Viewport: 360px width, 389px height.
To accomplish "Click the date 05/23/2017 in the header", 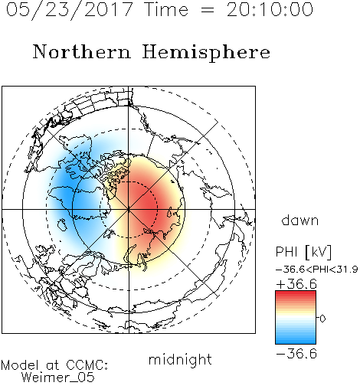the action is click(x=70, y=10).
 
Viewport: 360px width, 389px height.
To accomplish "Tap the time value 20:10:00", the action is click(x=270, y=10).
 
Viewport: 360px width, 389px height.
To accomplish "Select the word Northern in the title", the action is click(x=82, y=52).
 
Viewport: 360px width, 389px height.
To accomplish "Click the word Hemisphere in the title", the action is click(x=206, y=53).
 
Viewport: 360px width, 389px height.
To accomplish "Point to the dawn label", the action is click(x=300, y=220).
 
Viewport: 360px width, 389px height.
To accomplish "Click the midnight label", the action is click(x=180, y=360).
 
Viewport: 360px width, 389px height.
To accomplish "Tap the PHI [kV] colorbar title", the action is click(x=304, y=252).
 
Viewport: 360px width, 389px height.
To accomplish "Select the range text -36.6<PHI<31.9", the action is click(x=317, y=270).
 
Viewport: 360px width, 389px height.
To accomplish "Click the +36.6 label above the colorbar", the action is click(x=296, y=284).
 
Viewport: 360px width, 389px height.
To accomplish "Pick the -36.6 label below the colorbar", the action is click(x=296, y=354).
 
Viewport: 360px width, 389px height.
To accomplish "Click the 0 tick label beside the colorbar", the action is click(x=322, y=319).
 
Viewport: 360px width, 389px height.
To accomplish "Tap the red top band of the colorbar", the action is click(x=296, y=293).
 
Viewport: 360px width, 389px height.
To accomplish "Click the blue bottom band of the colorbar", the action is click(x=296, y=341).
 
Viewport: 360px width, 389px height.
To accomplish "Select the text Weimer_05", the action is click(x=58, y=377).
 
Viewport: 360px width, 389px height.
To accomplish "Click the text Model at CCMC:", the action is click(x=54, y=365).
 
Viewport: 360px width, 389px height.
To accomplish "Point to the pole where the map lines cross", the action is click(x=129, y=210).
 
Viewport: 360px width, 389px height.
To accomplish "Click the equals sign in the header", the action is click(x=208, y=10).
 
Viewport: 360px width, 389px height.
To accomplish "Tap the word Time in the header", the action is click(x=166, y=10).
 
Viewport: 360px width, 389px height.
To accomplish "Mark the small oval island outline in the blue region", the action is click(x=62, y=224).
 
